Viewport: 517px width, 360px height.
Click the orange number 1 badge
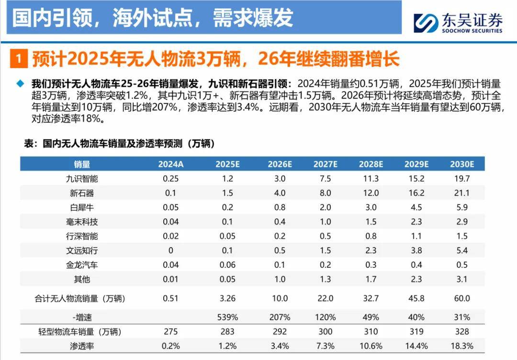18,60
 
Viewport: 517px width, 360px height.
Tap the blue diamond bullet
20,83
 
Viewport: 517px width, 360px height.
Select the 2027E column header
326,164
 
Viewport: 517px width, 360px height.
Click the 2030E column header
462,164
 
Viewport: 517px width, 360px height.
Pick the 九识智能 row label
82,179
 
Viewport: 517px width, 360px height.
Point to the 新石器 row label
82,193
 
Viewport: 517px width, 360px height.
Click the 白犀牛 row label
82,207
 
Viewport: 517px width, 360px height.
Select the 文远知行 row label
82,250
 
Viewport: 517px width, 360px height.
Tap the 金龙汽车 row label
82,265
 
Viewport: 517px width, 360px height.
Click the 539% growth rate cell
227,317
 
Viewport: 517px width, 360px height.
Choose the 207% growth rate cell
280,317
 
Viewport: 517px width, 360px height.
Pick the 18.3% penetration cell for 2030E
462,346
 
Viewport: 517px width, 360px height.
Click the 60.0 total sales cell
462,298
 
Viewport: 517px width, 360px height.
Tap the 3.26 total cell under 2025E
227,298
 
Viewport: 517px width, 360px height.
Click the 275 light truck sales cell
171,331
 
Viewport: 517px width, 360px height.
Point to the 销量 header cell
82,164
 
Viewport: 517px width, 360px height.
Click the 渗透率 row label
82,346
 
